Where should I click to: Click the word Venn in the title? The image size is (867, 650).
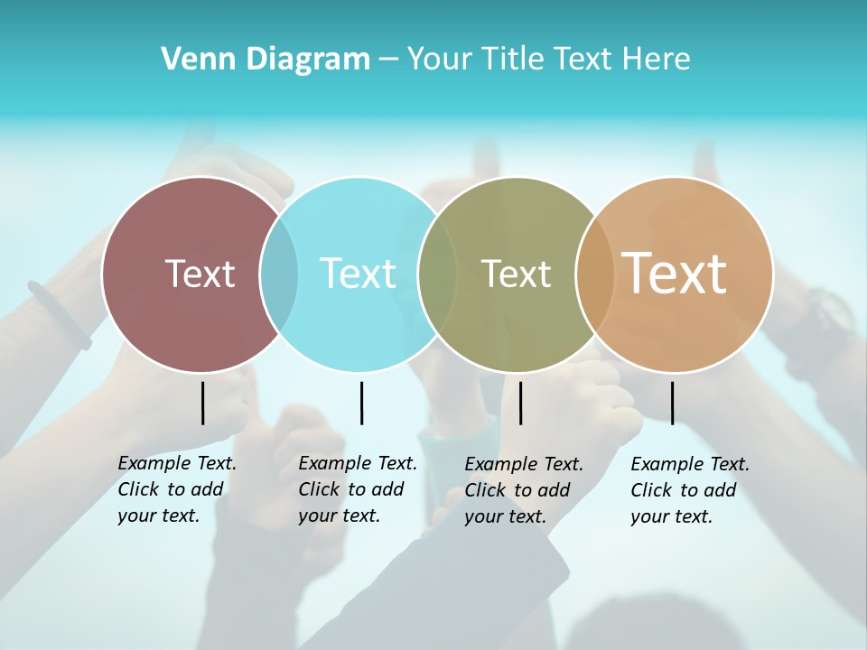tap(192, 60)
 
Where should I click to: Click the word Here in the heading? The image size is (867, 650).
tap(657, 60)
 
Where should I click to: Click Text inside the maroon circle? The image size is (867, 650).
tap(200, 274)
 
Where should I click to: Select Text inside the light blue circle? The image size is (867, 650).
tap(358, 274)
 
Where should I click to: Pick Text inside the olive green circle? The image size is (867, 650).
tap(516, 274)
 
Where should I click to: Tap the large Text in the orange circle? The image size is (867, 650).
tap(675, 273)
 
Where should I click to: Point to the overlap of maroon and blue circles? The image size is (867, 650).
tap(279, 274)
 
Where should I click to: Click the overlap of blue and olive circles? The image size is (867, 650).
tap(437, 274)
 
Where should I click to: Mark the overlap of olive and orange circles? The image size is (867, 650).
tap(595, 274)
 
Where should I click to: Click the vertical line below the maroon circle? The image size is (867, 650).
tap(202, 403)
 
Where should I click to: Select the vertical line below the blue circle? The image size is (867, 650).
tap(361, 403)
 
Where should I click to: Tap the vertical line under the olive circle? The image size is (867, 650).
tap(520, 403)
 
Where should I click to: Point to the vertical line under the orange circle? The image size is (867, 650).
tap(672, 403)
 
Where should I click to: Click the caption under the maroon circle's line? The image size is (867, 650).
tap(176, 489)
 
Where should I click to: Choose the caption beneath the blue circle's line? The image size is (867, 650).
tap(357, 489)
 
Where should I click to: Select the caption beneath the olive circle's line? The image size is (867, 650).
tap(523, 490)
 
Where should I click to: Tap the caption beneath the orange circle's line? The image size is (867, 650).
tap(689, 490)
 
